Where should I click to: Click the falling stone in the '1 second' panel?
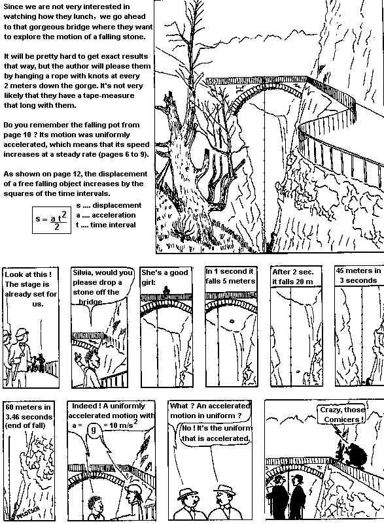coord(230,321)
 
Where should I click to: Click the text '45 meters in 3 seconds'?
coord(357,275)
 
